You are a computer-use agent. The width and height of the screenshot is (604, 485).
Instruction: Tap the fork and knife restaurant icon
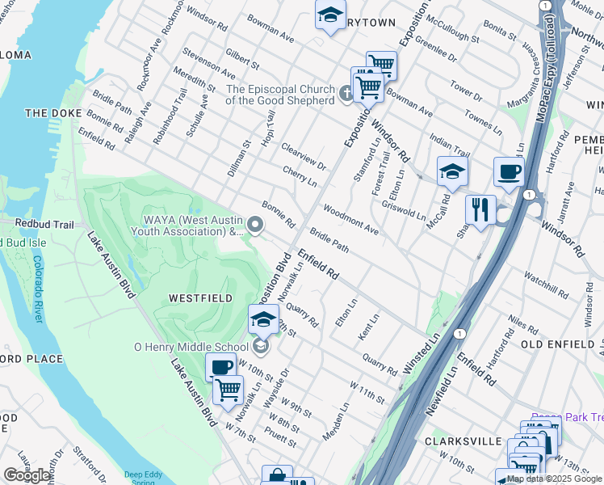click(480, 210)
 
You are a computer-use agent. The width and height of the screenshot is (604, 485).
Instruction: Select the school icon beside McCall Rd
click(452, 171)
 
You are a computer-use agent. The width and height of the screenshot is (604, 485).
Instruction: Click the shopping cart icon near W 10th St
click(228, 390)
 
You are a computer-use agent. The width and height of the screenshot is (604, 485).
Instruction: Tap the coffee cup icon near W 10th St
click(220, 368)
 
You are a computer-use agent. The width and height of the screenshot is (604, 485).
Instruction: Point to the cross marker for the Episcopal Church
click(346, 95)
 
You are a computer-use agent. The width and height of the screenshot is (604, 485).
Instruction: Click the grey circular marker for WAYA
click(257, 226)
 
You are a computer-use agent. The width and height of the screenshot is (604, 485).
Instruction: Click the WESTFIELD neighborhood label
click(200, 298)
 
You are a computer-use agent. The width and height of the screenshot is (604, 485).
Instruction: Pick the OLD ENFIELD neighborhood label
click(559, 344)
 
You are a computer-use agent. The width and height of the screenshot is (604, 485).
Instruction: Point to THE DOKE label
click(49, 113)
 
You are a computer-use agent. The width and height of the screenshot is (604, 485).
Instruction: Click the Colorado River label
click(37, 289)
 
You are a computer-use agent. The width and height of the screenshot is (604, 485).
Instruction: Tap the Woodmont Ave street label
click(350, 220)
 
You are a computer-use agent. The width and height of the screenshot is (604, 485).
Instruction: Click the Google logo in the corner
click(27, 475)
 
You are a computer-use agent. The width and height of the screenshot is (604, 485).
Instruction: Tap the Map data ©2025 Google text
click(554, 479)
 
